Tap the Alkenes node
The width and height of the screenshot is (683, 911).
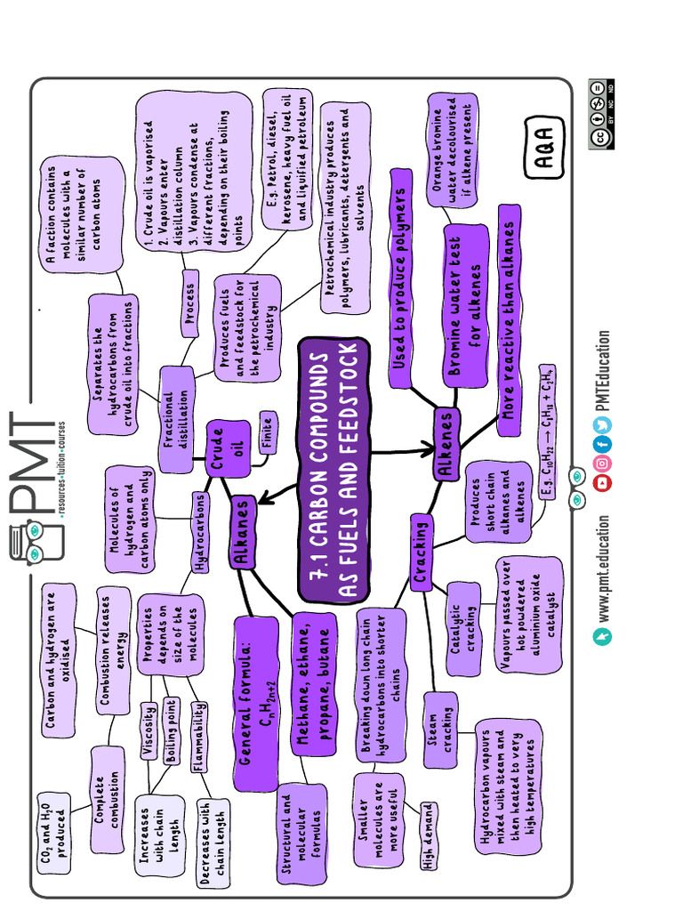tap(446, 445)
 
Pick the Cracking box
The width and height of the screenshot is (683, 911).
tap(422, 552)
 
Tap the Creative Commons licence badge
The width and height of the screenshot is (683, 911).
tap(601, 115)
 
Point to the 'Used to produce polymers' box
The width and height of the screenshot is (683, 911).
tap(400, 278)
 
